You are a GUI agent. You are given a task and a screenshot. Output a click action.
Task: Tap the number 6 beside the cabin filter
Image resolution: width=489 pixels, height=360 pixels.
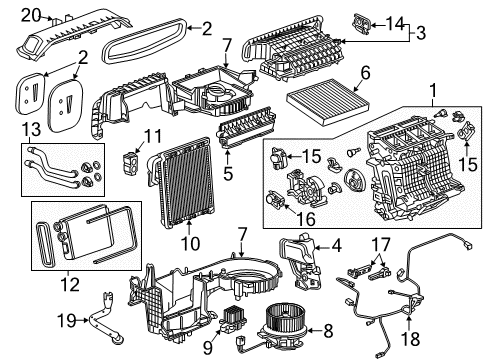point(365,72)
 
